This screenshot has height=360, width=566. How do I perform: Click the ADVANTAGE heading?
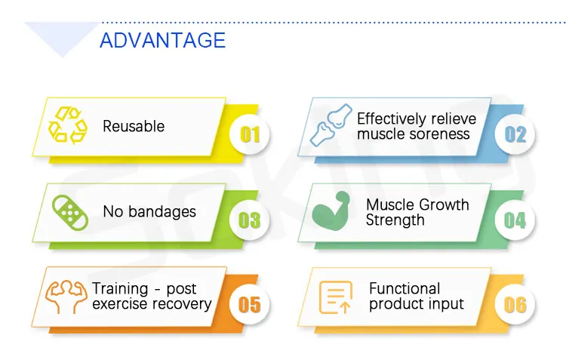tap(162, 40)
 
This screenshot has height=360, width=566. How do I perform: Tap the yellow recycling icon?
tap(68, 125)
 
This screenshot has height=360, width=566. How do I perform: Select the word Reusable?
tap(134, 126)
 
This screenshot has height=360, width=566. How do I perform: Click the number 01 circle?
tap(250, 134)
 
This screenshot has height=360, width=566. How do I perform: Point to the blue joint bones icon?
tap(331, 125)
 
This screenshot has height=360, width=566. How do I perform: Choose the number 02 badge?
tap(515, 134)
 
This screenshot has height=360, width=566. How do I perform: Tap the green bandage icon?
tap(70, 213)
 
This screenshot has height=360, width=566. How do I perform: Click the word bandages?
tap(162, 211)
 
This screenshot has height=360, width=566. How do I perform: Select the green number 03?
tap(250, 220)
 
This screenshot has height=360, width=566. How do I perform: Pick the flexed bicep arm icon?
tap(331, 211)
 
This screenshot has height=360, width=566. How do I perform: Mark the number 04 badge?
tap(515, 220)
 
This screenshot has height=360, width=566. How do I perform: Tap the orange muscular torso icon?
tap(66, 297)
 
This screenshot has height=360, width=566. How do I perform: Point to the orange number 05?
tap(250, 304)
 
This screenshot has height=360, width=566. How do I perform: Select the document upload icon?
tap(336, 297)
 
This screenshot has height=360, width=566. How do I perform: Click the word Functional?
tap(405, 288)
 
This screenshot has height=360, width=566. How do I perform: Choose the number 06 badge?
tap(515, 304)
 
